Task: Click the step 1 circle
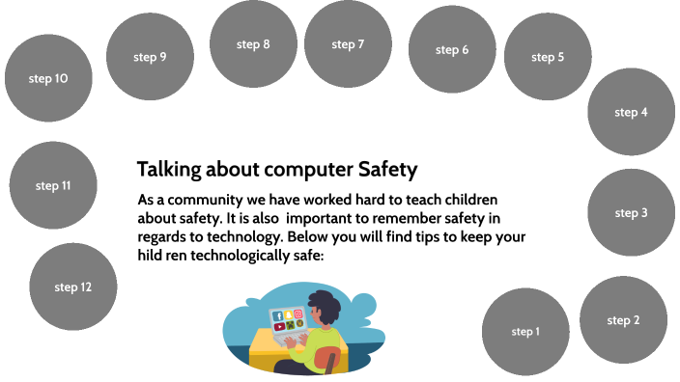[525, 332]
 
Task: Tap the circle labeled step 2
[623, 320]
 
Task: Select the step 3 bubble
[631, 213]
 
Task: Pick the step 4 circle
[631, 112]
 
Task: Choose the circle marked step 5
[548, 57]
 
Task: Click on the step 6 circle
[452, 50]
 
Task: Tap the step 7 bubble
[348, 44]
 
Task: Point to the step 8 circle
[253, 44]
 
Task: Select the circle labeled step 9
[150, 57]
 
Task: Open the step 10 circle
[48, 78]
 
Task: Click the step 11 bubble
[53, 185]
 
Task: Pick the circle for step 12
[73, 286]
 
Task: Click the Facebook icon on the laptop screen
[279, 315]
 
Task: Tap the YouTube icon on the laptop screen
[279, 327]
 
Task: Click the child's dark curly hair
[322, 308]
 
